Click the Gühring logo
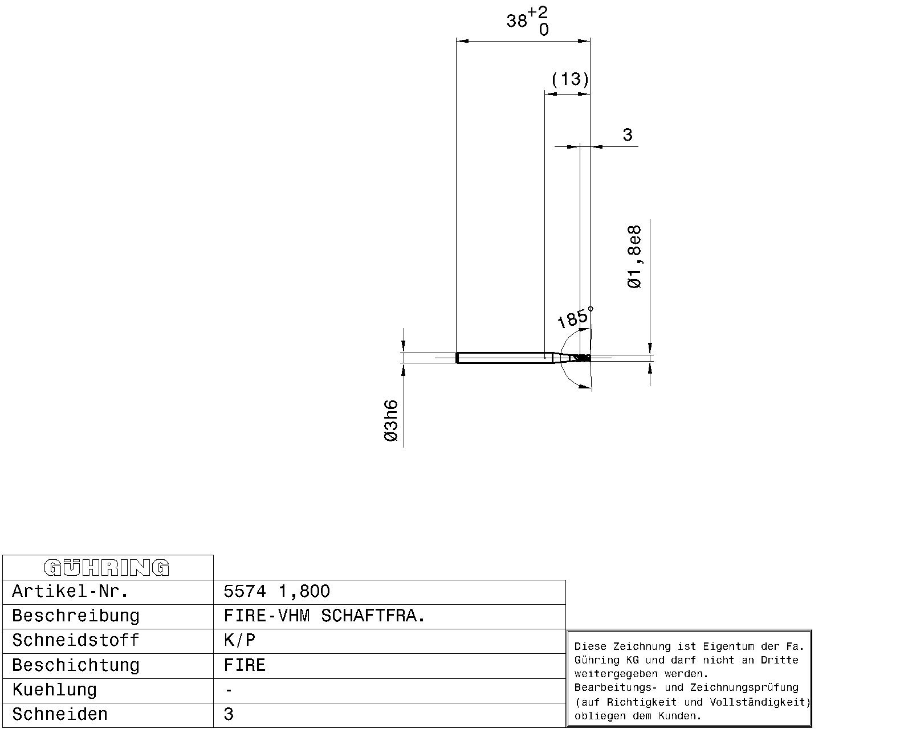click(x=107, y=568)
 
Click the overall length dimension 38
click(x=516, y=21)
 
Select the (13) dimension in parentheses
click(x=570, y=79)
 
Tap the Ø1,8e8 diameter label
click(x=634, y=257)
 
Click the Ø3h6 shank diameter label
click(x=391, y=421)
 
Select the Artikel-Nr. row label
click(x=70, y=591)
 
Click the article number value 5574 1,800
click(x=277, y=591)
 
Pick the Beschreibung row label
click(x=75, y=616)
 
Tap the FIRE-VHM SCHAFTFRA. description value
click(x=324, y=616)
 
